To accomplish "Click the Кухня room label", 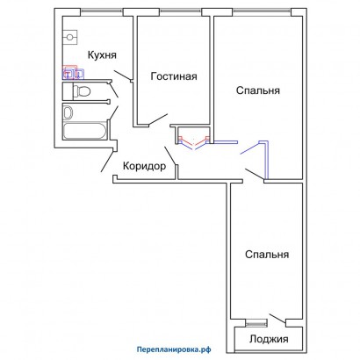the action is (x=102, y=55).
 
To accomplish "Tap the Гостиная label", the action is (x=174, y=76).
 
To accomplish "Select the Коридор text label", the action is (x=144, y=166).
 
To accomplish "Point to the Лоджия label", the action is (x=269, y=339).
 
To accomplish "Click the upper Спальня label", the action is (x=258, y=90).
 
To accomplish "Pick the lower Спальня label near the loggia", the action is (x=267, y=255).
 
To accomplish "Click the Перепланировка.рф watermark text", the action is (x=174, y=349).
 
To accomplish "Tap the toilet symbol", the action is (x=82, y=91).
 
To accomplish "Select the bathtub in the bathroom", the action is (x=84, y=131).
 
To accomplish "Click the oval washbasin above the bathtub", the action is (x=68, y=112).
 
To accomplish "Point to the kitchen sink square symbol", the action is (x=70, y=37).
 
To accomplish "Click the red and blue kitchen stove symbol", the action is (x=73, y=73).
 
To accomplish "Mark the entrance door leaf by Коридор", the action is (x=107, y=161).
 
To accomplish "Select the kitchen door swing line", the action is (x=122, y=76).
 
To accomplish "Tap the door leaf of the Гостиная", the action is (x=158, y=119).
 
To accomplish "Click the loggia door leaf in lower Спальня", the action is (x=277, y=319).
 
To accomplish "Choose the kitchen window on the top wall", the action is (x=102, y=11).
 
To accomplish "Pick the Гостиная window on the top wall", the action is (x=181, y=11).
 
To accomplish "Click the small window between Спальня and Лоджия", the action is (x=256, y=322).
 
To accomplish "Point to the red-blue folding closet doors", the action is (x=194, y=142).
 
